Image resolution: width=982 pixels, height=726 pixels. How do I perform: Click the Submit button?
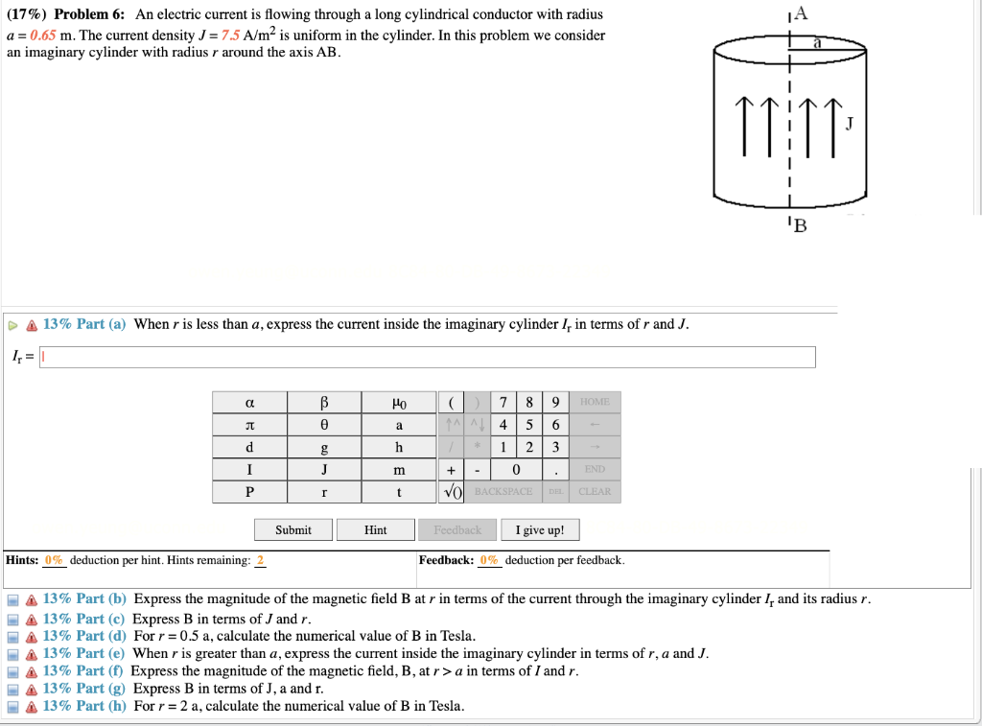(x=293, y=529)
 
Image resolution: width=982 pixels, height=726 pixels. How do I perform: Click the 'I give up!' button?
(x=540, y=529)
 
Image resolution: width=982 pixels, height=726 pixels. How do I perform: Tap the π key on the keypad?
(x=249, y=424)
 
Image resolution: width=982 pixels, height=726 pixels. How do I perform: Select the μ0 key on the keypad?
(x=399, y=401)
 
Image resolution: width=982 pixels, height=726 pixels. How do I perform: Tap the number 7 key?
(x=503, y=401)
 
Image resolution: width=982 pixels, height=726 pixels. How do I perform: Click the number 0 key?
(x=516, y=470)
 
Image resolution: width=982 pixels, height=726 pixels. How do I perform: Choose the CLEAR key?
(x=595, y=492)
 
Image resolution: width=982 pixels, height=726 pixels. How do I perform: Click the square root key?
(x=452, y=492)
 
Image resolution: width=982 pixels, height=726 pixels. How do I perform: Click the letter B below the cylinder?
(x=799, y=227)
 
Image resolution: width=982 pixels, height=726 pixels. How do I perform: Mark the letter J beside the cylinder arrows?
(x=849, y=124)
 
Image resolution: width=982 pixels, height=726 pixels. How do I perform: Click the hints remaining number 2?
(x=260, y=560)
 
